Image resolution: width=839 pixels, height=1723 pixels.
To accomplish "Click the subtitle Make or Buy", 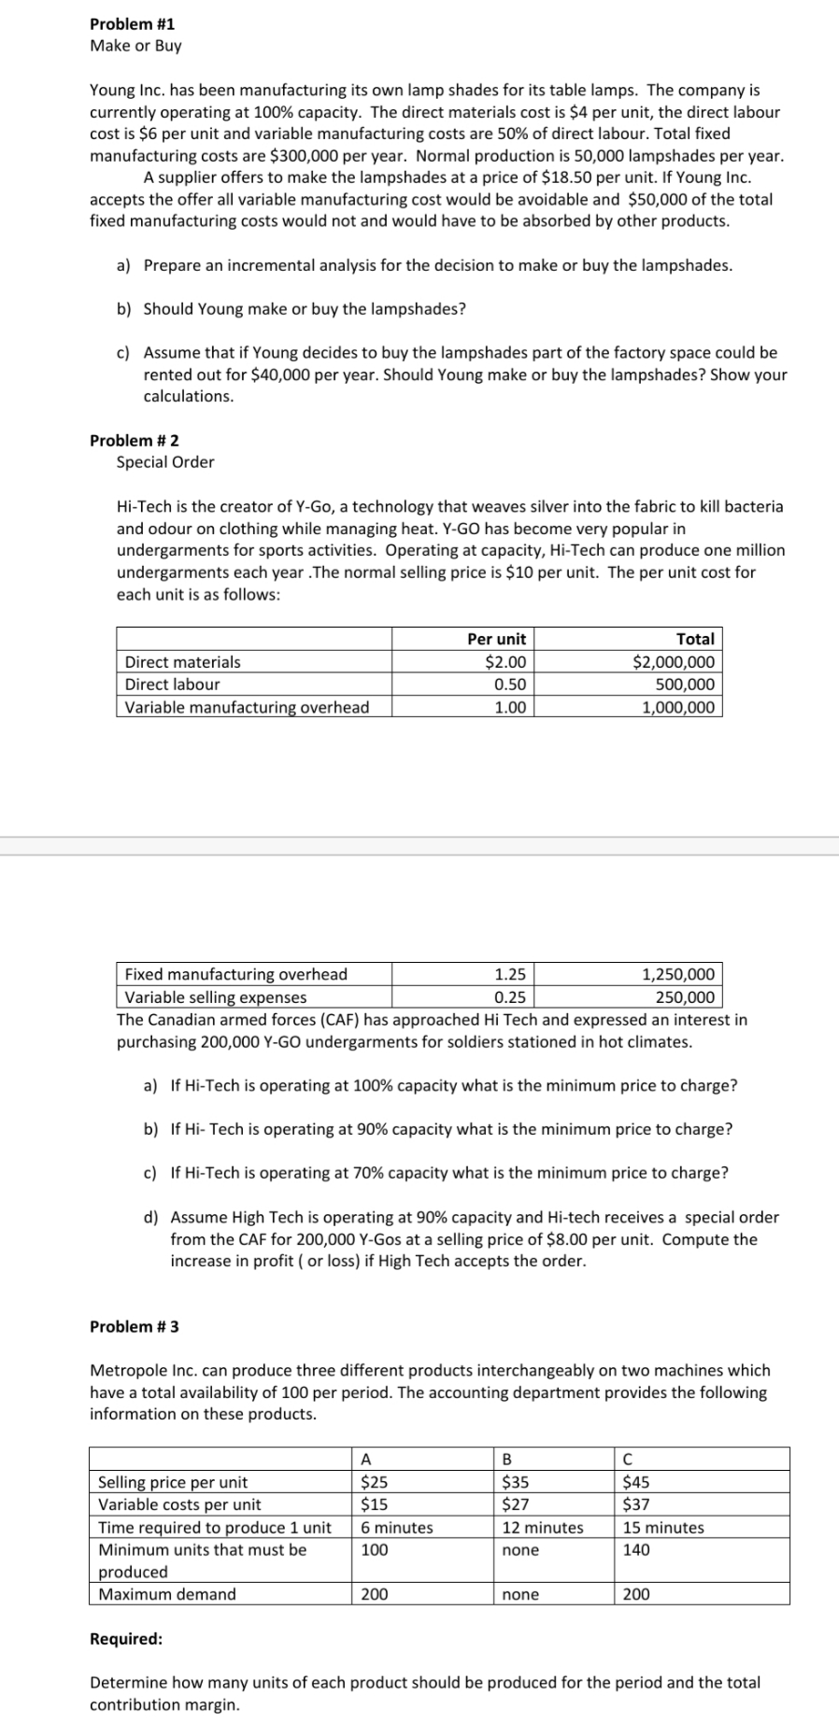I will pyautogui.click(x=135, y=46).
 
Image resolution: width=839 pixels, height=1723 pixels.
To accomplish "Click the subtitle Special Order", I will pyautogui.click(x=165, y=462).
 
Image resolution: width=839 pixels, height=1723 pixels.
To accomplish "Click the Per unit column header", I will pyautogui.click(x=496, y=640).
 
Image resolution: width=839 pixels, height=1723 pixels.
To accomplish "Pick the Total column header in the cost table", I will pyautogui.click(x=695, y=640).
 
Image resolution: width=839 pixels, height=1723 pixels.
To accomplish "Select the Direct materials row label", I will pyautogui.click(x=182, y=662).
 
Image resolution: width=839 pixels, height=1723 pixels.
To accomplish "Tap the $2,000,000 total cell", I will pyautogui.click(x=674, y=662).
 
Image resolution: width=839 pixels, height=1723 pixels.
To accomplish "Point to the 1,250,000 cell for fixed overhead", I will pyautogui.click(x=679, y=975).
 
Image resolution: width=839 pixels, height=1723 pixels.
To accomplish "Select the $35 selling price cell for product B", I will pyautogui.click(x=513, y=1482).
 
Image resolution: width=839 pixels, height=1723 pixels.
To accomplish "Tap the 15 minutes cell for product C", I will pyautogui.click(x=663, y=1528).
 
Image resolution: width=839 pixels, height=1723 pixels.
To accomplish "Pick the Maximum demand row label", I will pyautogui.click(x=167, y=1594).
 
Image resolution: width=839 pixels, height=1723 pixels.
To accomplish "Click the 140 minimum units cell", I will pyautogui.click(x=636, y=1550).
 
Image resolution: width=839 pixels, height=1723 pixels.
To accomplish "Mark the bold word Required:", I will pyautogui.click(x=126, y=1639).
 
